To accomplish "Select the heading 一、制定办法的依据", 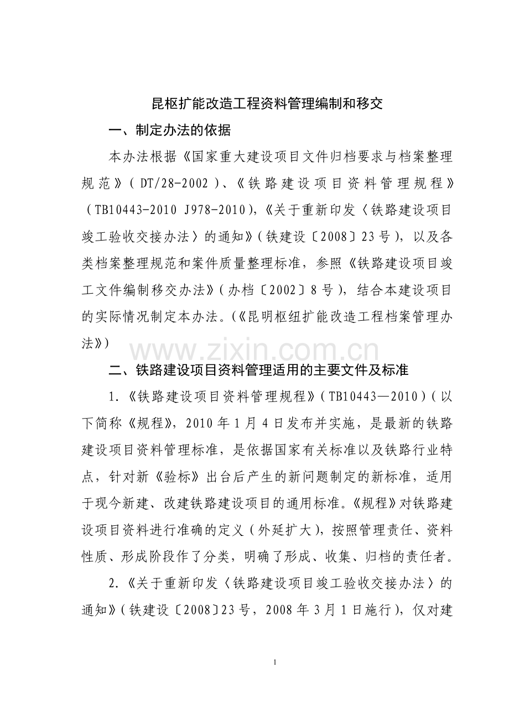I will point(170,131).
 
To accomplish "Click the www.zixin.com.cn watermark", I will point(254,352).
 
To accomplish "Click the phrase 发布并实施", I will point(294,423).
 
